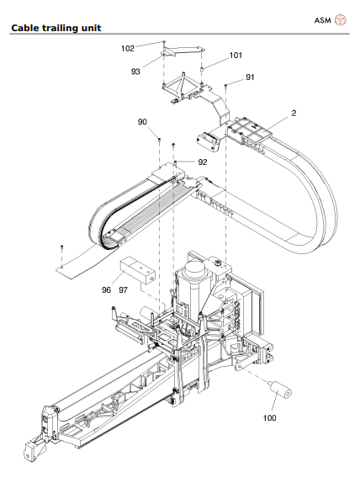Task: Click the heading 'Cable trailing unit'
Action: [x=56, y=28]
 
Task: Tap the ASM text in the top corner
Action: [x=323, y=19]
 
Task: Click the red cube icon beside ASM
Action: [x=341, y=19]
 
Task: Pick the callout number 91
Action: [x=250, y=77]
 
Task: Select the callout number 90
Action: [x=142, y=122]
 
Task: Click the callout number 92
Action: [x=202, y=162]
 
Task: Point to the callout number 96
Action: [x=107, y=289]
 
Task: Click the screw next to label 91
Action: [x=228, y=85]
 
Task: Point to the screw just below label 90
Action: [x=158, y=136]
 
